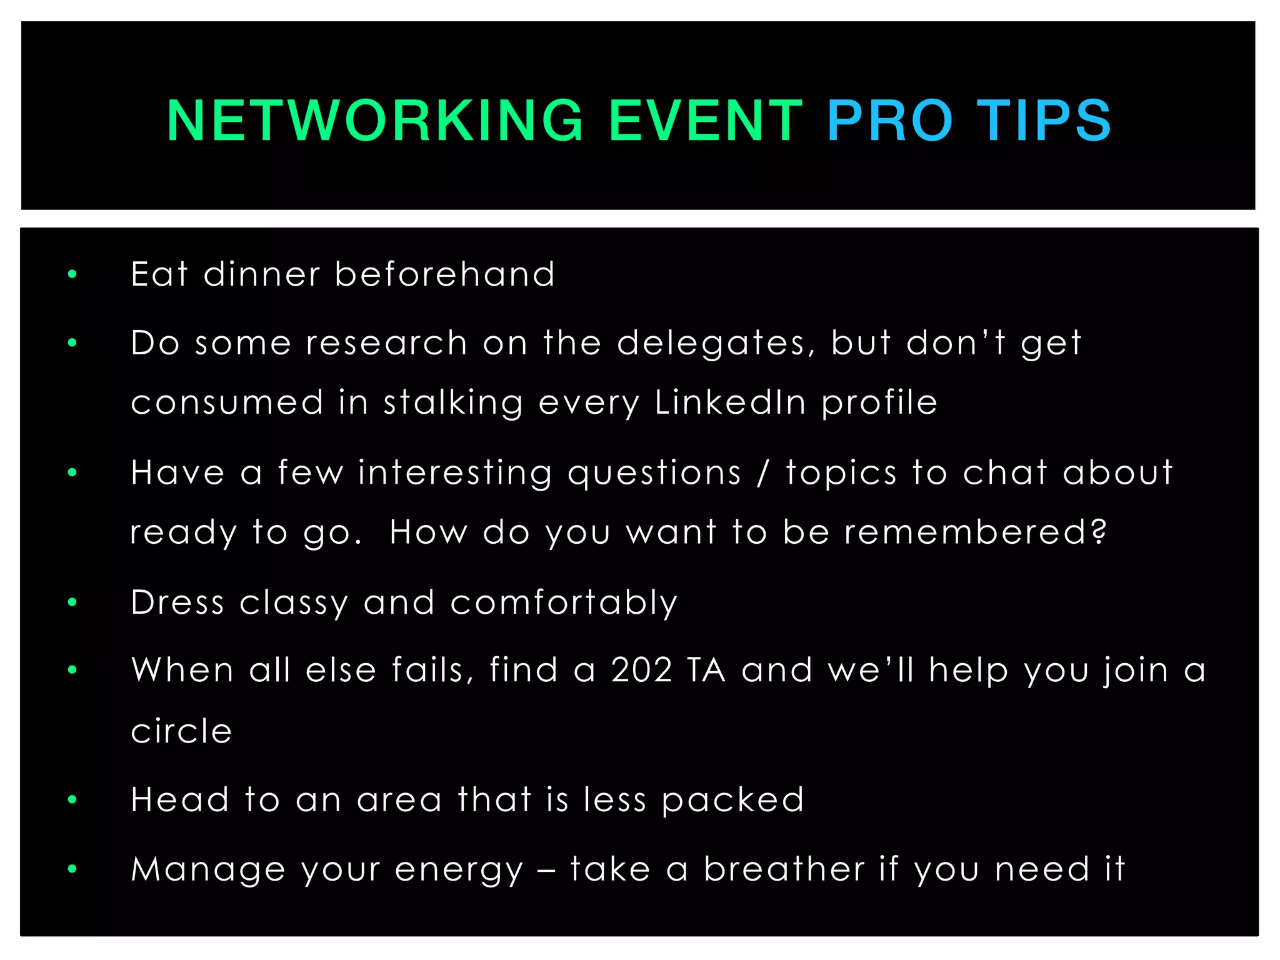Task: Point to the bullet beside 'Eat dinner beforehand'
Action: click(72, 274)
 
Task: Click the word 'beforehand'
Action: click(444, 274)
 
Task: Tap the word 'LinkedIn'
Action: click(731, 402)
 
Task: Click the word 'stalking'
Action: click(453, 403)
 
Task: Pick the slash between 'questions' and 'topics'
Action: click(762, 473)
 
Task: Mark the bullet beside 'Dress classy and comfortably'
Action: click(72, 602)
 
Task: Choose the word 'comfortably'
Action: click(564, 603)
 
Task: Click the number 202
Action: click(642, 670)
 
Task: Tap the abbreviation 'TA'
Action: click(706, 670)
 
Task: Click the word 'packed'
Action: click(732, 800)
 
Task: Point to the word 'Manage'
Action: click(208, 869)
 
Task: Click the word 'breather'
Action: click(784, 869)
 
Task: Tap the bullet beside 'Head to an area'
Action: click(72, 799)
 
